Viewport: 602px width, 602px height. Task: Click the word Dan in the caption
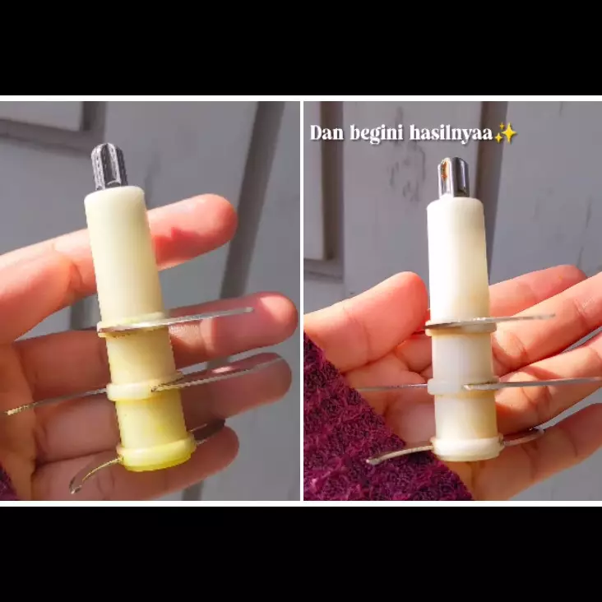(x=326, y=133)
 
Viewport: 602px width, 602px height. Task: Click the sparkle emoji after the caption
(x=505, y=133)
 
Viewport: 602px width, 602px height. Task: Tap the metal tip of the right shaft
(x=453, y=178)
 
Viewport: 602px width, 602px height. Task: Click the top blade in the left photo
(x=206, y=317)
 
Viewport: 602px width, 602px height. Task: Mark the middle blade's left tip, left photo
(x=16, y=409)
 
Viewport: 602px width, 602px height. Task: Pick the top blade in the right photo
(x=518, y=319)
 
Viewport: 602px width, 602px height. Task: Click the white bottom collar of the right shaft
(x=466, y=448)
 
